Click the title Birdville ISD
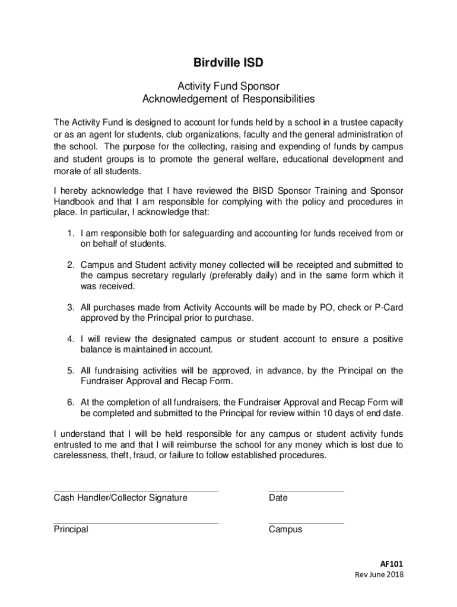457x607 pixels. coord(228,62)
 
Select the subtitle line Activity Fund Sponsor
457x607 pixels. coord(228,87)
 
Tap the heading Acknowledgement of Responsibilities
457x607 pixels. coord(228,98)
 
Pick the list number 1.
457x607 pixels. coord(69,234)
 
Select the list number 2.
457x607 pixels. coord(69,264)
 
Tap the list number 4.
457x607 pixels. coord(69,339)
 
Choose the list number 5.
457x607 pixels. coord(69,370)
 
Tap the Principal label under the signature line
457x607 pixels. coord(71,529)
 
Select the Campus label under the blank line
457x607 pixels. coord(285,529)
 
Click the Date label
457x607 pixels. coord(278,498)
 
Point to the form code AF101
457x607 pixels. coord(392,564)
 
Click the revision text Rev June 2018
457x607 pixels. coord(379,575)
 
